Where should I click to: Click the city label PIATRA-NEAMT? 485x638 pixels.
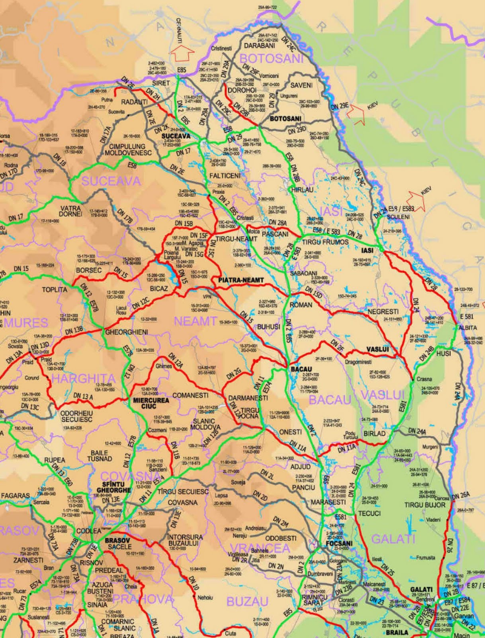coord(241,280)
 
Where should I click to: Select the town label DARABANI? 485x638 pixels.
coord(260,46)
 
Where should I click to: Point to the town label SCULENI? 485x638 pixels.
coord(398,217)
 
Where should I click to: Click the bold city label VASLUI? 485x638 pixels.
coord(377,349)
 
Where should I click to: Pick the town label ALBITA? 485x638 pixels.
coord(467,327)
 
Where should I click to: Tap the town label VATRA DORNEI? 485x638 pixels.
coord(70,211)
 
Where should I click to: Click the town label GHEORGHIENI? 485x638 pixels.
coord(127,332)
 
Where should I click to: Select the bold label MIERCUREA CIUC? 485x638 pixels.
coord(151,403)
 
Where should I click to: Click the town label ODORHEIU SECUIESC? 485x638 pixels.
coord(76,416)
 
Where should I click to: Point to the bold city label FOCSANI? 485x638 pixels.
coord(339,543)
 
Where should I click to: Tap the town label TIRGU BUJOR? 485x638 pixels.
coord(425,505)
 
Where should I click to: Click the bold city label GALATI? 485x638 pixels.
coord(421,589)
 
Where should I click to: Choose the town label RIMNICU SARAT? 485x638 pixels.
coord(315,600)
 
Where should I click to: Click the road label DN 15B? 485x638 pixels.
coord(184,224)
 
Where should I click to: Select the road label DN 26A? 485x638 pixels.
coord(461,495)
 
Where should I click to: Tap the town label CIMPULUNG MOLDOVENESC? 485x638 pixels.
coord(128,150)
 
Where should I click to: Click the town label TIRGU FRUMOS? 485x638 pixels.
coord(325,242)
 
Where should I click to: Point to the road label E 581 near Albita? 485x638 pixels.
coord(467,316)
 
